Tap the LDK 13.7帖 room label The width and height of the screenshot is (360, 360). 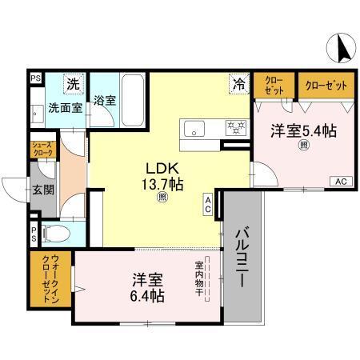pyautogui.click(x=163, y=177)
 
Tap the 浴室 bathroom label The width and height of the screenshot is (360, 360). pyautogui.click(x=104, y=102)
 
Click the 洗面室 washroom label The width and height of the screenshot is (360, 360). pyautogui.click(x=63, y=107)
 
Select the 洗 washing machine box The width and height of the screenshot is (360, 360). pyautogui.click(x=73, y=84)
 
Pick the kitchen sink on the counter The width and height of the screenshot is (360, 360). pyautogui.click(x=196, y=129)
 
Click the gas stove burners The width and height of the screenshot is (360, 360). pyautogui.click(x=235, y=126)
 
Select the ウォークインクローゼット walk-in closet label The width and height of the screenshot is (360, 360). pyautogui.click(x=41, y=281)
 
